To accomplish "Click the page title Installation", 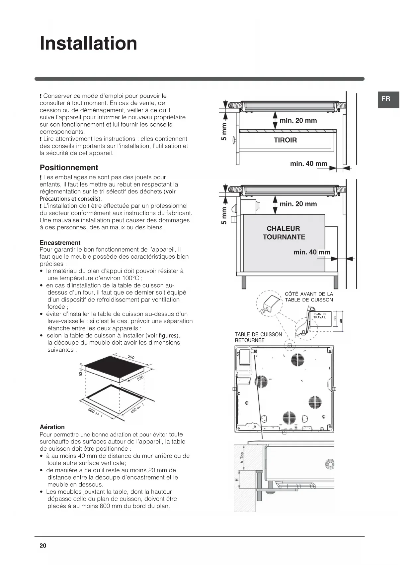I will [88, 44].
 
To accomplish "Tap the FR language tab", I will [386, 99].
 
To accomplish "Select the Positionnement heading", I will [69, 168].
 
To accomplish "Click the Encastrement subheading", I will [60, 243].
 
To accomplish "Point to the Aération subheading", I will [52, 427].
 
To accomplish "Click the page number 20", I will [43, 545].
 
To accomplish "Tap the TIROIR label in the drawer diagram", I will [285, 140].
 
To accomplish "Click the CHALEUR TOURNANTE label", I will [284, 233].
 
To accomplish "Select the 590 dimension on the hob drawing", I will [131, 357].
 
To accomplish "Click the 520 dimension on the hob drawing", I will [140, 378].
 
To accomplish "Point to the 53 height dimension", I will [81, 374].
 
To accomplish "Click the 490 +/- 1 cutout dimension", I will [137, 408].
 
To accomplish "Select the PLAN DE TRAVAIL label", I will [320, 315].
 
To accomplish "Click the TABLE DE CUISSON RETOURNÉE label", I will [258, 337].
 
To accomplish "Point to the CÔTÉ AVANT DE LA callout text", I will [309, 294].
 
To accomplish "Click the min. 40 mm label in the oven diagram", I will [312, 252].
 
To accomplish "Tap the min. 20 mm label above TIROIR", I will [298, 121].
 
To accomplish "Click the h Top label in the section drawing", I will [242, 458].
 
